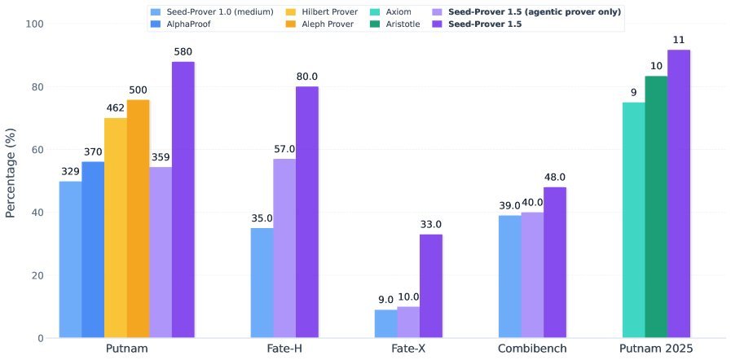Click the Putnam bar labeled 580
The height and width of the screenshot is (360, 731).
point(183,200)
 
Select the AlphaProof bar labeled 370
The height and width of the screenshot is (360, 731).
point(93,249)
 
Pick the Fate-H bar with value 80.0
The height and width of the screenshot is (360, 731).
point(307,212)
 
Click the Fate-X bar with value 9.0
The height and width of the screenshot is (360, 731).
point(385,323)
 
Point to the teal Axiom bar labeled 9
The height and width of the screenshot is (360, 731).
point(633,220)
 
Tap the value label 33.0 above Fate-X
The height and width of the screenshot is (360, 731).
point(430,225)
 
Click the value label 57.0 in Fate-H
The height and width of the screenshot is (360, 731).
point(284,149)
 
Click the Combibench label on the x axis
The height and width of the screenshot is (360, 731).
point(533,349)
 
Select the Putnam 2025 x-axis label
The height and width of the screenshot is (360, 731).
point(655,349)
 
